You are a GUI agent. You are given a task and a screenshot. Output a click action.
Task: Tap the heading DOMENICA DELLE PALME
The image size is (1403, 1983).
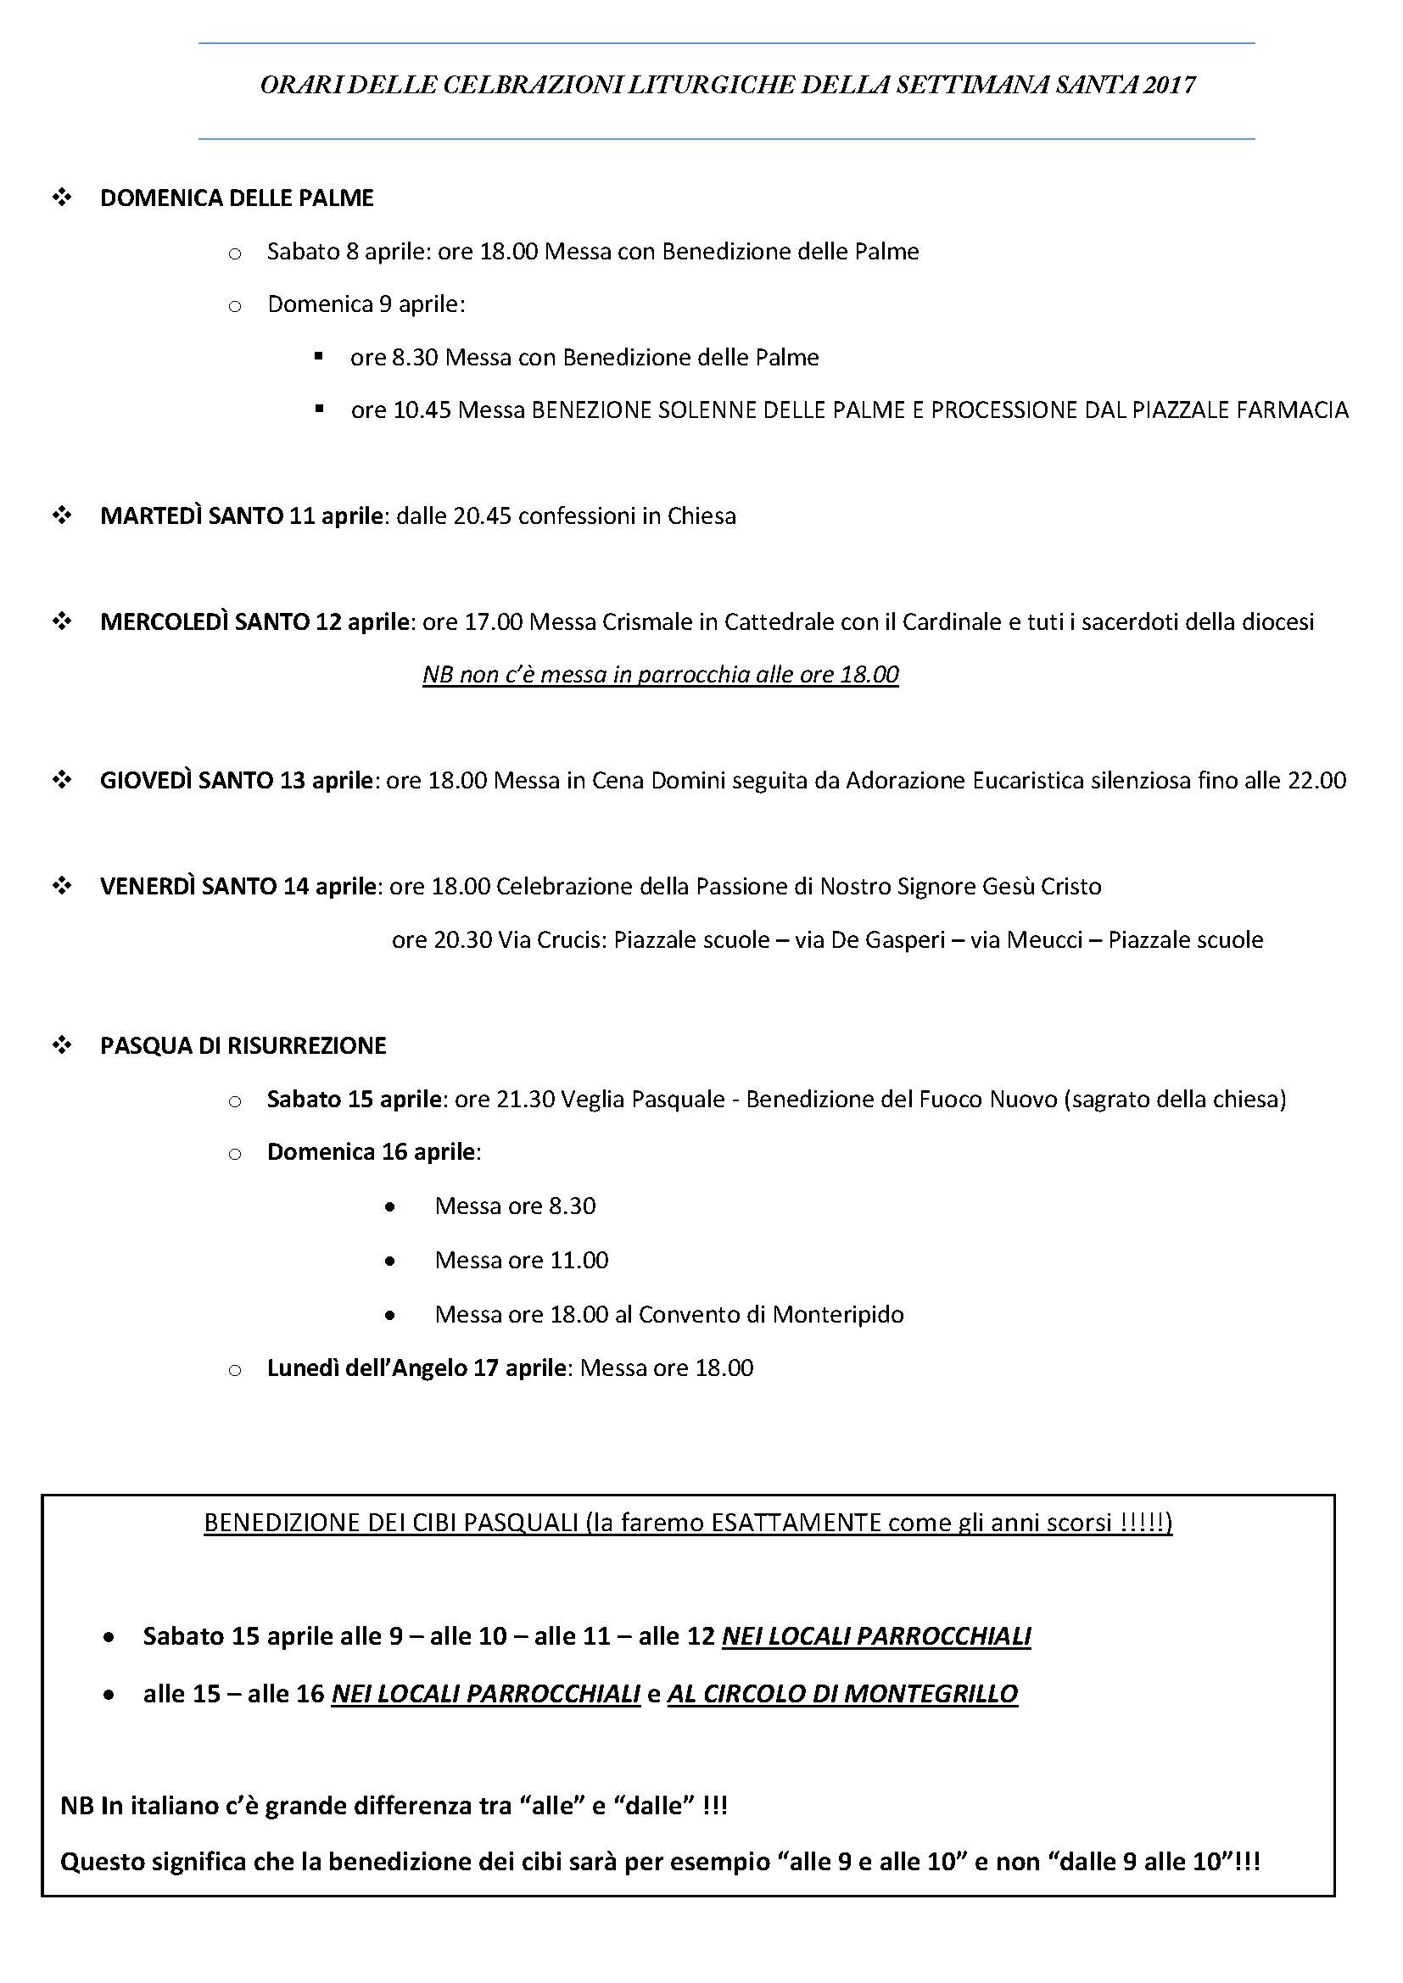coord(237,198)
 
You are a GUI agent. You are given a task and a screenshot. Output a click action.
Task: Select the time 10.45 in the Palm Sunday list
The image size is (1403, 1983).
coord(422,410)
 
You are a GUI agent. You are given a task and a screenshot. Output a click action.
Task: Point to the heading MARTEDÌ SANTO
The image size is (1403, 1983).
coord(192,516)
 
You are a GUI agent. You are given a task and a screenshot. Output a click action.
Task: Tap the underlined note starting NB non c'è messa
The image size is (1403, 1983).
coord(660,675)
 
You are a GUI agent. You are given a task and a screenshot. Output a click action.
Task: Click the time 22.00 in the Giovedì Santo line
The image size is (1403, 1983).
coord(1316,781)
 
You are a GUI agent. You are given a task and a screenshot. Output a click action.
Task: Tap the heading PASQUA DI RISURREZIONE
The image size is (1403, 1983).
coord(243,1046)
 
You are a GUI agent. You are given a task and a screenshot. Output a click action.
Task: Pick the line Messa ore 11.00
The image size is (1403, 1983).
coord(521,1260)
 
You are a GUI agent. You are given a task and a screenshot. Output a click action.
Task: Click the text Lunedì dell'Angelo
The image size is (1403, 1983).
coord(366,1368)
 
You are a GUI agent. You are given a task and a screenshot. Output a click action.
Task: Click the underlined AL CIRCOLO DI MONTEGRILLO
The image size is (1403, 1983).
coord(842,1694)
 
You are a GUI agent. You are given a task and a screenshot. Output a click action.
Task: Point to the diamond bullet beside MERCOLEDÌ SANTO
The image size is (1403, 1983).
coord(62,621)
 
